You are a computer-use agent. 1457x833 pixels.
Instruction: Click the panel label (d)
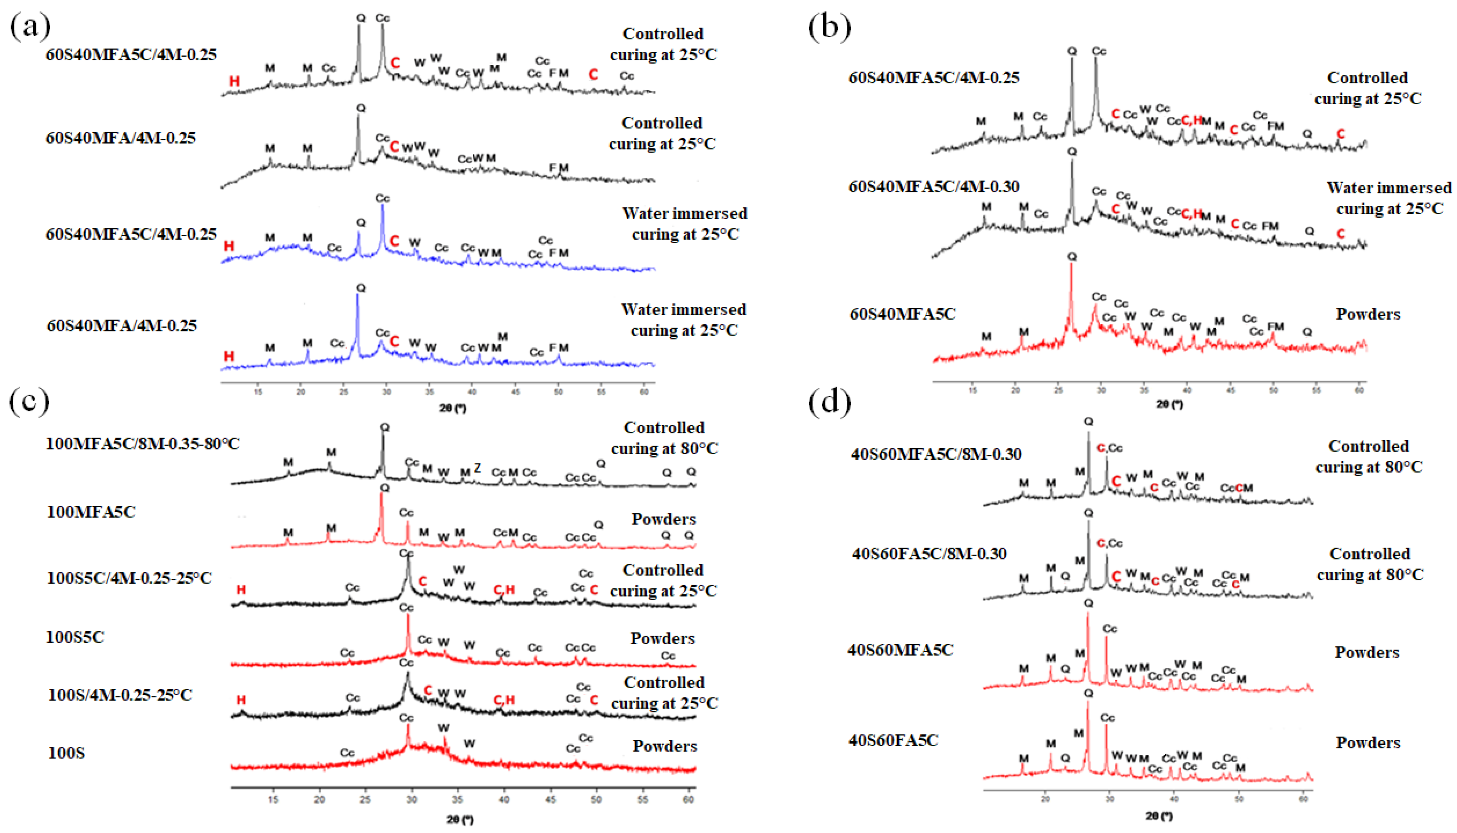(x=829, y=401)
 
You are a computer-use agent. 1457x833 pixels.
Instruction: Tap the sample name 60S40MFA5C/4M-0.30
(x=934, y=186)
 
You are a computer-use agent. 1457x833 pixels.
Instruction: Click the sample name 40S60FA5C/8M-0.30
(x=929, y=553)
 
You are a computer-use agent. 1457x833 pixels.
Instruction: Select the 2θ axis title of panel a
(x=453, y=408)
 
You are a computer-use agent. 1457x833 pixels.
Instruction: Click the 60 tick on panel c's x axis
(x=689, y=799)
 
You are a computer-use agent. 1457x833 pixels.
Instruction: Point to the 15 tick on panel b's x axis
(x=972, y=391)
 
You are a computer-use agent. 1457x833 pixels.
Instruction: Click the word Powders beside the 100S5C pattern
(x=662, y=639)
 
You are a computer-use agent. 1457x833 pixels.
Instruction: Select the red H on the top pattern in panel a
(x=234, y=81)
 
